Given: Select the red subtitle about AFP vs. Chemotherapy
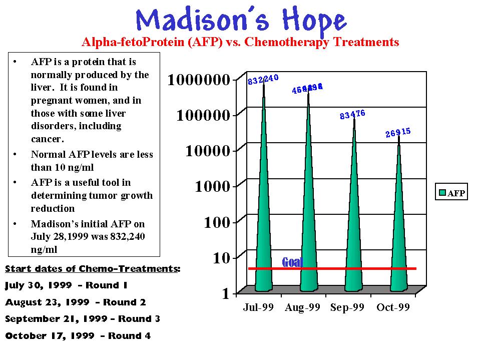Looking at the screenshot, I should [240, 42].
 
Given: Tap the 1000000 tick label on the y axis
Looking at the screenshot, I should [199, 80].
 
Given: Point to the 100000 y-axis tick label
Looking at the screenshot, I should [204, 116].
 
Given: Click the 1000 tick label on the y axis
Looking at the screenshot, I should [213, 187].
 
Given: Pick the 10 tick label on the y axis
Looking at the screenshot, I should [221, 258].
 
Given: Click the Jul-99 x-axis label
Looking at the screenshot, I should [258, 307].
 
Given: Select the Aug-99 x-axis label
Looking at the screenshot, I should [302, 307].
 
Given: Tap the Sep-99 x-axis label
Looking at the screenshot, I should [347, 307].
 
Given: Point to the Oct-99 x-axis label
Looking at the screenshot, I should [393, 307].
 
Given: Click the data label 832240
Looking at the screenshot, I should [263, 80].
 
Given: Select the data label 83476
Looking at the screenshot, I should [352, 115].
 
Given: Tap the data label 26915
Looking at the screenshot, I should [398, 133].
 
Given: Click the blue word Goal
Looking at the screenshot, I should [292, 262].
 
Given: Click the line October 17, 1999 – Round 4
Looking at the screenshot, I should [78, 336].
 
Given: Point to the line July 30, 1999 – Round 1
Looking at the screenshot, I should [67, 285].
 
